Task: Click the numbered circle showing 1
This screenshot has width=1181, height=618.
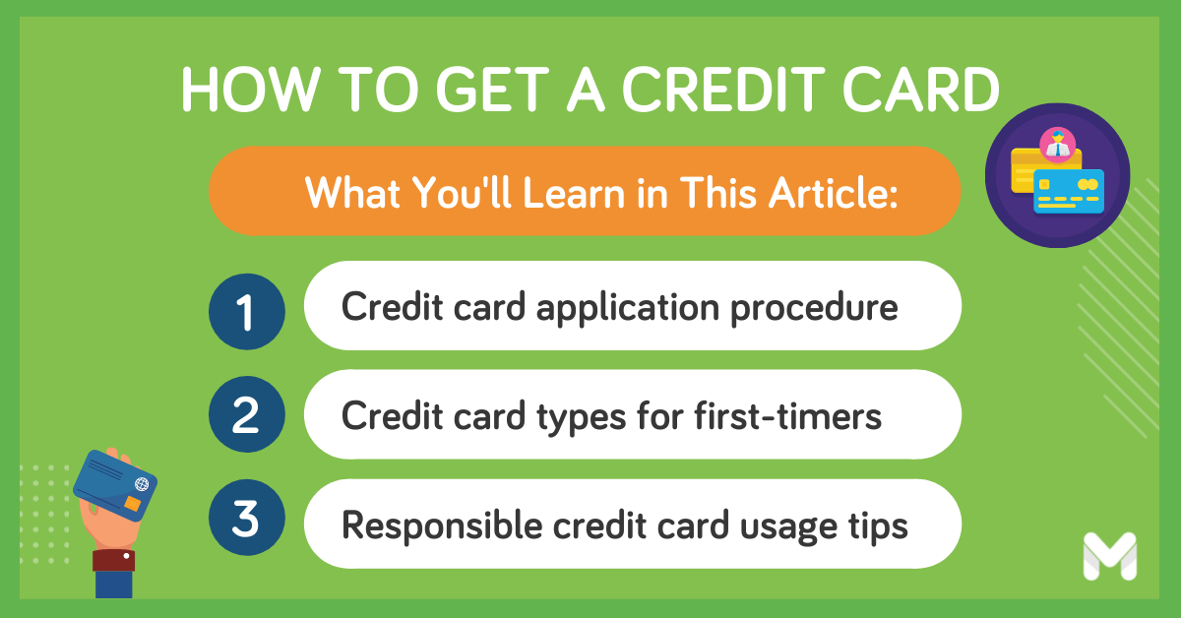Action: pyautogui.click(x=246, y=314)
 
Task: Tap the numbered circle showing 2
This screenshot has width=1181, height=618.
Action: pyautogui.click(x=246, y=418)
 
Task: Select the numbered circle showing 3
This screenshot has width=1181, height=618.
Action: pyautogui.click(x=246, y=522)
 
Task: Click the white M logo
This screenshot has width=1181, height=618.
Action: pyautogui.click(x=1109, y=556)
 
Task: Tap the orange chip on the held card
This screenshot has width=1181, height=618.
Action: pyautogui.click(x=132, y=505)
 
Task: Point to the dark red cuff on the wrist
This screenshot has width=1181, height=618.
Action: pyautogui.click(x=113, y=561)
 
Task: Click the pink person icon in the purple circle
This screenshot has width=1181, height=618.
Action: pyautogui.click(x=1057, y=145)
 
